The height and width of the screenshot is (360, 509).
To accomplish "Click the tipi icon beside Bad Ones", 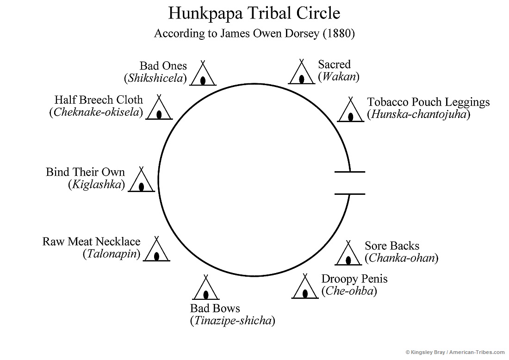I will tap(203, 74).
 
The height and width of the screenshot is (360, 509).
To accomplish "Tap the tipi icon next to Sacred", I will tap(301, 73).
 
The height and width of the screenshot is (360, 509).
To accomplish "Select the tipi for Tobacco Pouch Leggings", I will tap(350, 111).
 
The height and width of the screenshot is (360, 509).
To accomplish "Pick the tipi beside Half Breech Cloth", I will tap(159, 109).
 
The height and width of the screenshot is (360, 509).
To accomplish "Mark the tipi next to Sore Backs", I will tap(348, 254).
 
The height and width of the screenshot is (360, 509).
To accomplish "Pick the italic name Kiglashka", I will tap(96, 185).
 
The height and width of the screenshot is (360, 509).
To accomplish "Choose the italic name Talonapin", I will tap(111, 254).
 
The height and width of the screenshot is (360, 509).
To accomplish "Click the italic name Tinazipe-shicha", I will tap(232, 321).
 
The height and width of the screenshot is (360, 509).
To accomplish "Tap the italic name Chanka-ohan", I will tap(401, 258).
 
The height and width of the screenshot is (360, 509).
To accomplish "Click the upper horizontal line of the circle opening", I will tap(350, 172).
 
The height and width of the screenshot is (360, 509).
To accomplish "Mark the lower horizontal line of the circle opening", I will tap(350, 194).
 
